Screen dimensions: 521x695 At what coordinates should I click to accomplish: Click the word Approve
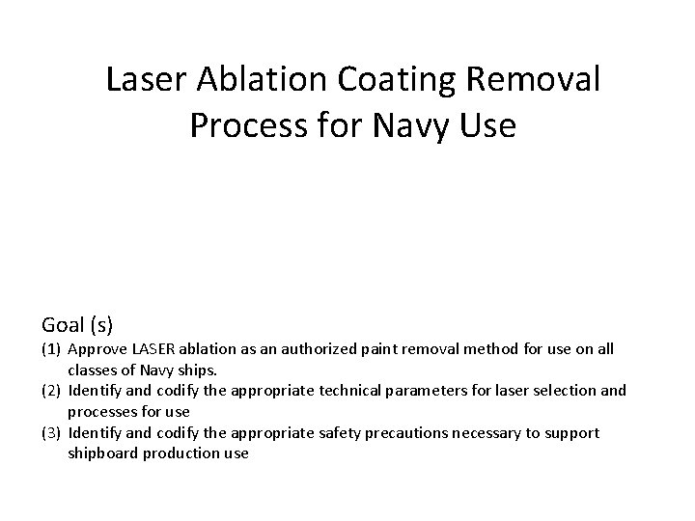coord(97,348)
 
